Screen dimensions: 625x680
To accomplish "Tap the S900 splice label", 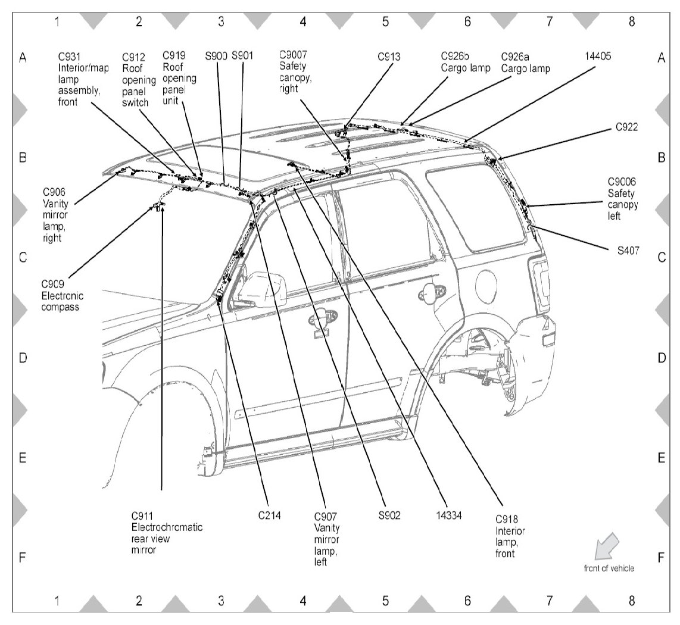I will pyautogui.click(x=216, y=57).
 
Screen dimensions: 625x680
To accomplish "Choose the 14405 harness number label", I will pyautogui.click(x=598, y=57).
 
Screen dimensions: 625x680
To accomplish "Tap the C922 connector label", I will pyautogui.click(x=628, y=128).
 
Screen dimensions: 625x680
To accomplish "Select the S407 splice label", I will pyautogui.click(x=628, y=251).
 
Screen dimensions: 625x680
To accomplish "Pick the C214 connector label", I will pyautogui.click(x=269, y=515).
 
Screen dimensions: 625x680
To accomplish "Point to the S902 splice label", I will pyautogui.click(x=389, y=515).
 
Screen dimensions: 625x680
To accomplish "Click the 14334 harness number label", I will pyautogui.click(x=449, y=515).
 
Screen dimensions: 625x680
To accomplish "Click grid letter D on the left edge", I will pyautogui.click(x=22, y=358).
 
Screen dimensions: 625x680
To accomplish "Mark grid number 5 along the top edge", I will pyautogui.click(x=385, y=21).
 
